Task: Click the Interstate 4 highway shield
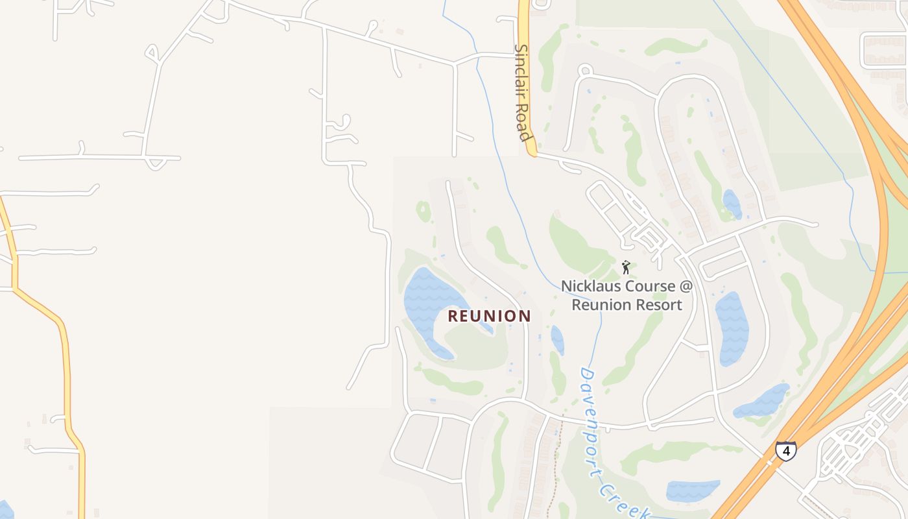coord(785,450)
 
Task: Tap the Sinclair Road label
coord(523,92)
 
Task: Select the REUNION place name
coord(490,316)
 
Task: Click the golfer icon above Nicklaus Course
coord(626,267)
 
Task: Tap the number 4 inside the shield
coord(785,450)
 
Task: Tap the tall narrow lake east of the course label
coord(732,328)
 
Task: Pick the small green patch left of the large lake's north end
coord(424,210)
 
